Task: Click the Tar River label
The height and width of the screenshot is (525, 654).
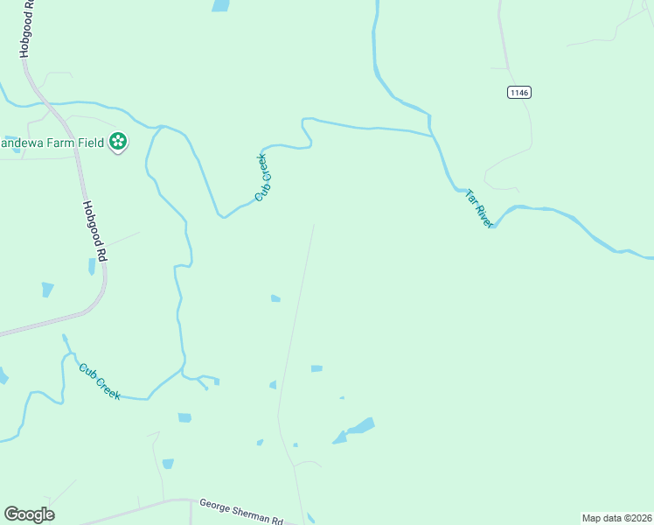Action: (480, 208)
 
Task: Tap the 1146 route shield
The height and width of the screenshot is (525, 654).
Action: (518, 92)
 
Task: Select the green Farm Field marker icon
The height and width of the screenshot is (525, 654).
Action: (118, 142)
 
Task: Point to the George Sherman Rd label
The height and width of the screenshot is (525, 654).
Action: (241, 511)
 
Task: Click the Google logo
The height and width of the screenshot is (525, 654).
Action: (29, 514)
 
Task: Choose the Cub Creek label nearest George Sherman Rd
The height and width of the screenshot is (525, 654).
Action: (99, 381)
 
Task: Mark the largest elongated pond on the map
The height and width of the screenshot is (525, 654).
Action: (354, 430)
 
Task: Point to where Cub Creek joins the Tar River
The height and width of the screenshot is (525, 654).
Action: (432, 136)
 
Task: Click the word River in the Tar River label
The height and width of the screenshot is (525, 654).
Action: (485, 215)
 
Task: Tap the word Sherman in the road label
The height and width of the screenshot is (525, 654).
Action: (253, 513)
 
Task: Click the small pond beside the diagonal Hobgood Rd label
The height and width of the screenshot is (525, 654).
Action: (91, 266)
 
